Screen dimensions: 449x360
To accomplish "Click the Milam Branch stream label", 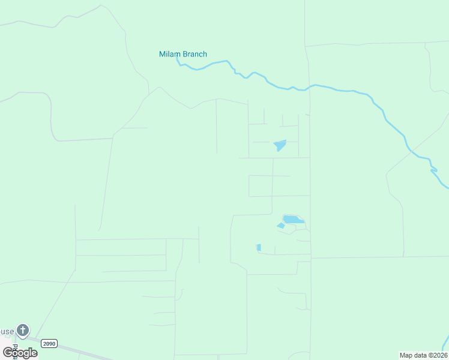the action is point(183,54).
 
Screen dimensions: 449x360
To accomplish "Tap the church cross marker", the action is point(23,330).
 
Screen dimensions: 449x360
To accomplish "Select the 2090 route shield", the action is point(49,343).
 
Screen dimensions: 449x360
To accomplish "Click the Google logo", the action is point(20,353).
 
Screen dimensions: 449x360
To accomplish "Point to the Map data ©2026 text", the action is point(423,355).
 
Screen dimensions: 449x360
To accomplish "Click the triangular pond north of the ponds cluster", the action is point(280,145).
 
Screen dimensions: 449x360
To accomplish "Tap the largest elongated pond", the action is point(293,220).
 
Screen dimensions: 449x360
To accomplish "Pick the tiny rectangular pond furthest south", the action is point(259,247).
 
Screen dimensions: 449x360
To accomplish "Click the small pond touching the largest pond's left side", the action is point(280,226).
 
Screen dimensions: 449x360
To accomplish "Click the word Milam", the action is point(169,54).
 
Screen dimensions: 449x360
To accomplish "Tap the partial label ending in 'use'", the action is point(6,332).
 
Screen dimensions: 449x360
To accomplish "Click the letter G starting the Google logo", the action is point(8,352).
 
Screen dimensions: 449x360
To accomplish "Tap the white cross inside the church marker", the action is point(23,329).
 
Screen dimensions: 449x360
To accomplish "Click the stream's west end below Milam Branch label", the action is point(178,61).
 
